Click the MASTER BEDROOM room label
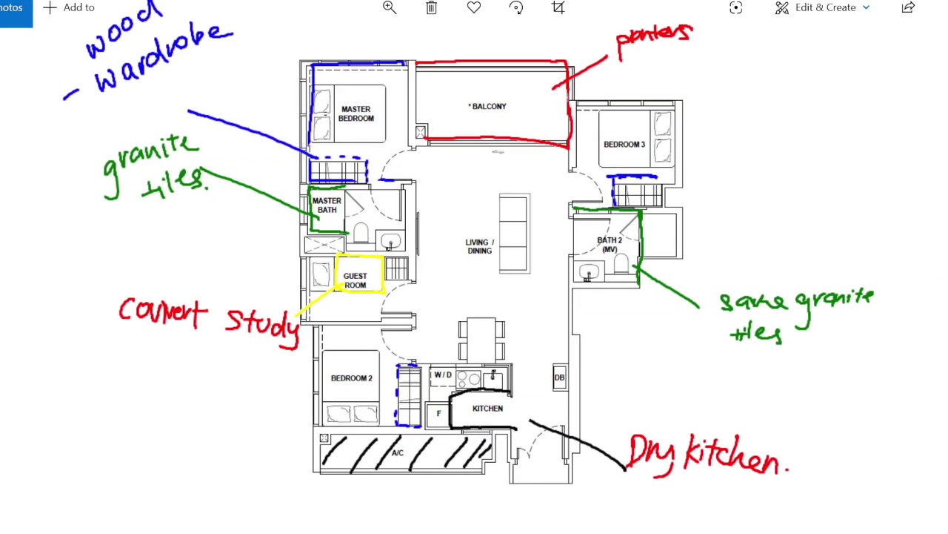point(355,113)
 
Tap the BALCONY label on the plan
point(487,107)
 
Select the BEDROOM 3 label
point(624,145)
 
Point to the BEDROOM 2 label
point(351,378)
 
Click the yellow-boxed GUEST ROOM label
point(355,280)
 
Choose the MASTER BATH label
point(327,205)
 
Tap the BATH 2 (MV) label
point(610,245)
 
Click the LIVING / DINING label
point(479,246)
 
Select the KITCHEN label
point(487,409)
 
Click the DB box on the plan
point(559,378)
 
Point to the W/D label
point(443,375)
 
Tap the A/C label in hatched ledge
point(398,453)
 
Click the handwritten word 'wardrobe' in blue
point(163,59)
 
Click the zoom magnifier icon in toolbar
point(390,7)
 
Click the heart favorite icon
point(474,7)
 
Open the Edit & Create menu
point(823,7)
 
